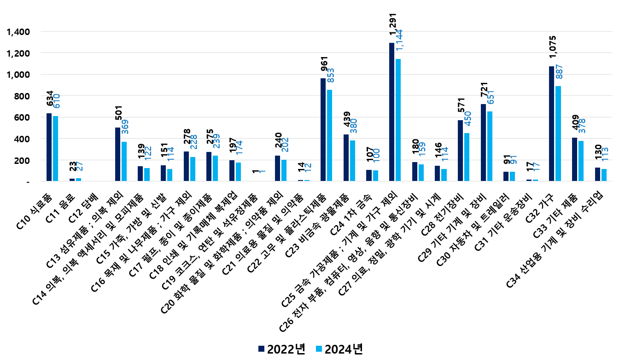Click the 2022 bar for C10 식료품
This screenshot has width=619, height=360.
coord(49,147)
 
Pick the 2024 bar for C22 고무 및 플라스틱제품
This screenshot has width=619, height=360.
coord(329,135)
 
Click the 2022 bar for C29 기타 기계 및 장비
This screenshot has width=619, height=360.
coord(483,143)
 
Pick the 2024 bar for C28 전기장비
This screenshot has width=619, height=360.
coord(467,157)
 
